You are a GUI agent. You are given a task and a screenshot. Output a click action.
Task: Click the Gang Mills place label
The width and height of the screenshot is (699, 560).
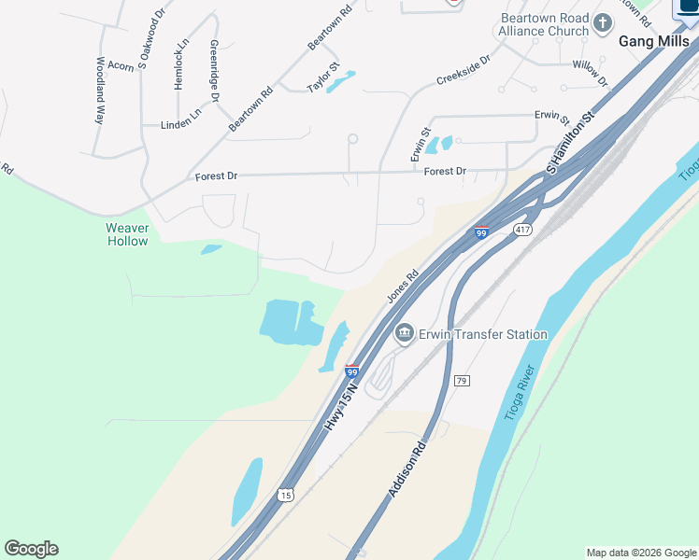(654, 41)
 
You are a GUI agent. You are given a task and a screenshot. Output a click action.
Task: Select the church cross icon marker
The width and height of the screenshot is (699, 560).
(604, 21)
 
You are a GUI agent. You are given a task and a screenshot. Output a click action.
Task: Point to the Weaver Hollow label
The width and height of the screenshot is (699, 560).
(127, 234)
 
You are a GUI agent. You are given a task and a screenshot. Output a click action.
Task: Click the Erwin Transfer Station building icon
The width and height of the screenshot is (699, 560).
(405, 333)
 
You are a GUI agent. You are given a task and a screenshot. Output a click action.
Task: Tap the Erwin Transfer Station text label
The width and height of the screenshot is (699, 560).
(483, 334)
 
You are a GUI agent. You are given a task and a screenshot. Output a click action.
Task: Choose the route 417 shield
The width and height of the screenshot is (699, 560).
(521, 230)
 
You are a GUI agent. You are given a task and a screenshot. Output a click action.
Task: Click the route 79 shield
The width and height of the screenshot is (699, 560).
(462, 381)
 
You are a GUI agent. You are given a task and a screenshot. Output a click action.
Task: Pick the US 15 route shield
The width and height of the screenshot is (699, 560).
(286, 493)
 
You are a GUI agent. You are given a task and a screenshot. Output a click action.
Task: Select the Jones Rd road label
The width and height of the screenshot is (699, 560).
(401, 287)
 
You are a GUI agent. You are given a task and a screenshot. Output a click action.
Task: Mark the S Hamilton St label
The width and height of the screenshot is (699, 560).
(570, 146)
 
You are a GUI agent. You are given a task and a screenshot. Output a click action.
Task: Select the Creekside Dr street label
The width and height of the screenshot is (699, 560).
(463, 71)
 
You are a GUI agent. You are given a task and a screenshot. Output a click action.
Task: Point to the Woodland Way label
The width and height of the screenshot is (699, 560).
(100, 91)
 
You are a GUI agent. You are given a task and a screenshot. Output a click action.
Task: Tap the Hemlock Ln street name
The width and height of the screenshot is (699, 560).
(181, 63)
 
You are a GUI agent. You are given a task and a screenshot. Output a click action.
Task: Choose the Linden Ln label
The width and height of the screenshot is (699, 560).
(181, 119)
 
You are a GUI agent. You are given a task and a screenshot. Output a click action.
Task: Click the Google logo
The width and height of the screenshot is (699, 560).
(31, 549)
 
